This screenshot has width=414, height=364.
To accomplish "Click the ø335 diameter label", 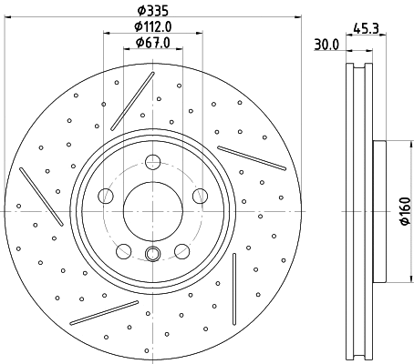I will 152,11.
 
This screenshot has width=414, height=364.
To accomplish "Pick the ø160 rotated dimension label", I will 405,211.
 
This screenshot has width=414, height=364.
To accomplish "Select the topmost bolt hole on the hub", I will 152,163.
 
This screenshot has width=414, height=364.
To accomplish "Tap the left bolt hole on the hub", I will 107,196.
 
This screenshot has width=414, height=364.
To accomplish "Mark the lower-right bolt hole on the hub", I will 181,248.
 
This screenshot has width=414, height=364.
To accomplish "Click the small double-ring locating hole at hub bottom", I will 152,255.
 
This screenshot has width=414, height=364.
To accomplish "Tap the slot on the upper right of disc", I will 251,157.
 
